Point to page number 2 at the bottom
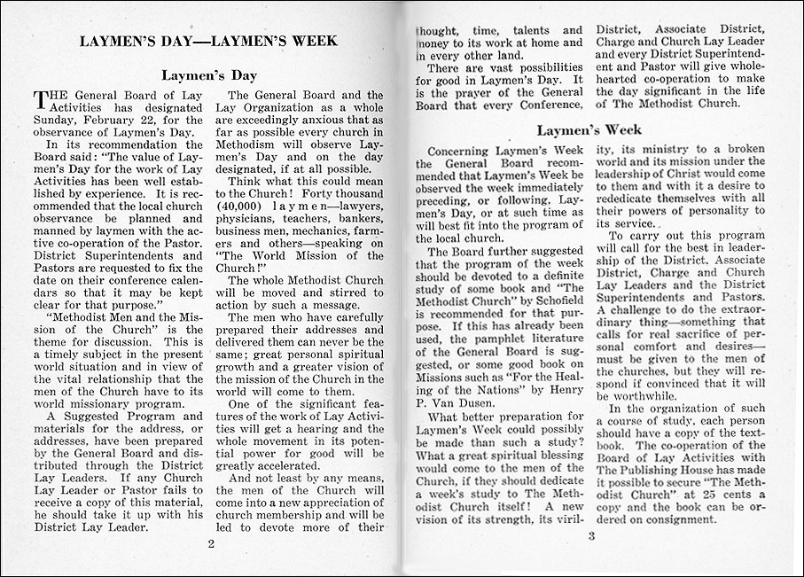pyautogui.click(x=211, y=543)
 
